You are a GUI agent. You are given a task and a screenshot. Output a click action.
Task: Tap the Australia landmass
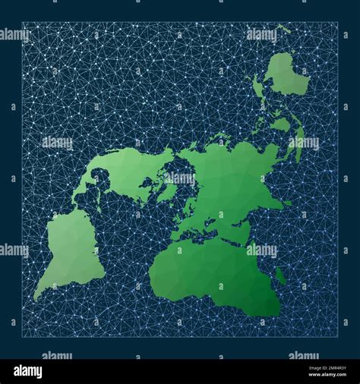coord(287,76)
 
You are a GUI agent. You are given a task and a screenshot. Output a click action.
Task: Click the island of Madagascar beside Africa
coord(281,276)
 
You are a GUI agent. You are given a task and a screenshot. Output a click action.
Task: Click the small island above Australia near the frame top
coord(283,30)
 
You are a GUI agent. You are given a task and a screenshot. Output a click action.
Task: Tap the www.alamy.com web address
coord(318,376)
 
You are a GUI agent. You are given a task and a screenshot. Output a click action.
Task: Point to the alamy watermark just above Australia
coord(261,34)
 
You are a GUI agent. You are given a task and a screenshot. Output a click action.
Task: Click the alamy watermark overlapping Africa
coord(261,250)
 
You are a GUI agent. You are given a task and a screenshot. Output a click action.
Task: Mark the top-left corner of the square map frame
coord(22,22)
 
